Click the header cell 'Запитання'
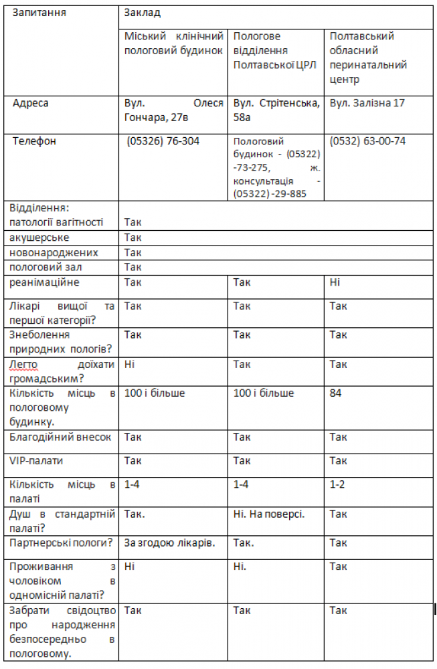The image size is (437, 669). click(39, 13)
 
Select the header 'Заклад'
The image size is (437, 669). click(142, 13)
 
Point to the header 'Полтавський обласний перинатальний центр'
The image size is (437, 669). click(368, 58)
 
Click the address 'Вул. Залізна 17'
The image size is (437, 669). click(367, 104)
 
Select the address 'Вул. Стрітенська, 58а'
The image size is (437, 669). click(276, 110)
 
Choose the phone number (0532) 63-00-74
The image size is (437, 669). click(367, 141)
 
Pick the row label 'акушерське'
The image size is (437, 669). click(39, 237)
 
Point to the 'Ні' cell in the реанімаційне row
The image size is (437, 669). click(335, 282)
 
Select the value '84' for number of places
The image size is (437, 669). click(336, 393)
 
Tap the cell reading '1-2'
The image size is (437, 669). click(338, 484)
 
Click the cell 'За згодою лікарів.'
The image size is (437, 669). click(170, 543)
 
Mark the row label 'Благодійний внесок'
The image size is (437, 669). click(60, 437)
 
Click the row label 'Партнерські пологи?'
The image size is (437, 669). click(60, 543)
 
